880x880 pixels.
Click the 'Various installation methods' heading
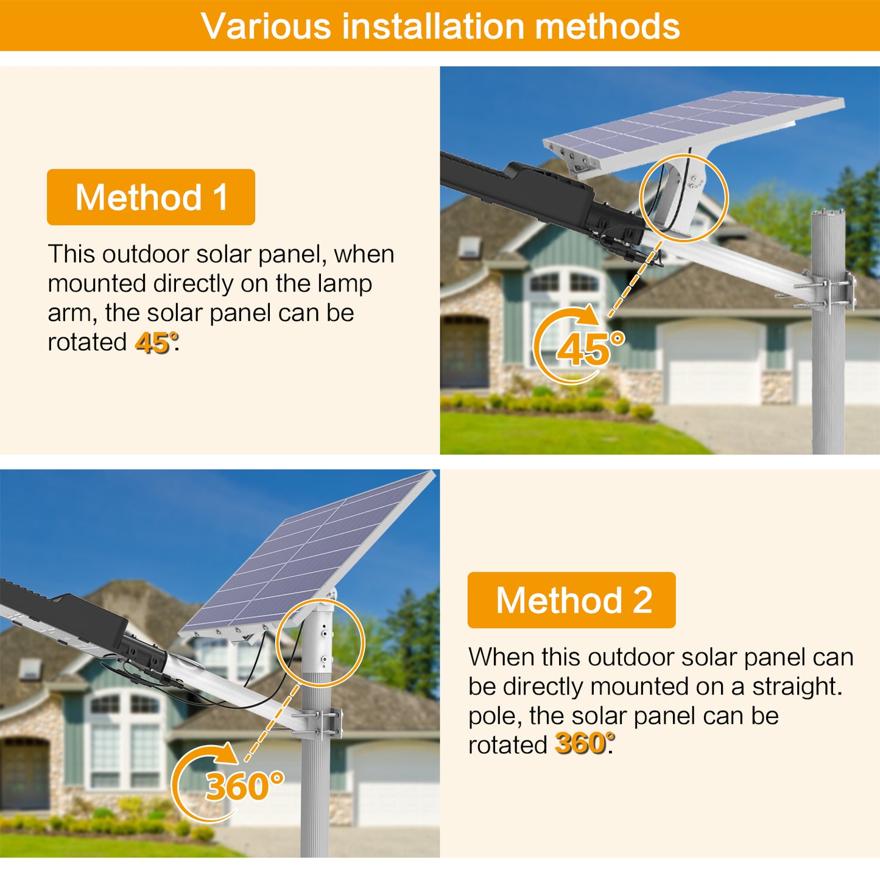[440, 26]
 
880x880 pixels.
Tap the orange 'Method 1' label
[151, 197]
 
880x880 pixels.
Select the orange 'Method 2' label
[571, 600]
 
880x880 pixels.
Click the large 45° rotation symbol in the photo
[579, 346]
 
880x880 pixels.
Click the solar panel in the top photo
[694, 128]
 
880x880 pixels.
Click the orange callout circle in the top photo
[684, 197]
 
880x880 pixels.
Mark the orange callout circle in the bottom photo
[320, 643]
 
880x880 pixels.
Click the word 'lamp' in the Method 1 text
[345, 284]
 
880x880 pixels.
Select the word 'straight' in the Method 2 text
[796, 686]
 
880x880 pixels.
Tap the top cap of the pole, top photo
[828, 213]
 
